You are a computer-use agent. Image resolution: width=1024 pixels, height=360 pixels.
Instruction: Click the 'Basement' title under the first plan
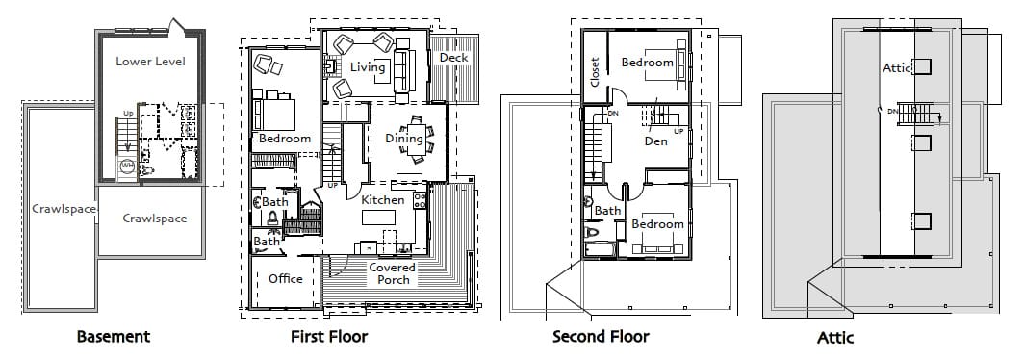click(x=114, y=337)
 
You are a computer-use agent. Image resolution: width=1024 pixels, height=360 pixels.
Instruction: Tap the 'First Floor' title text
click(x=329, y=337)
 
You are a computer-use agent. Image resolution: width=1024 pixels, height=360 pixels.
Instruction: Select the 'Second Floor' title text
click(x=601, y=337)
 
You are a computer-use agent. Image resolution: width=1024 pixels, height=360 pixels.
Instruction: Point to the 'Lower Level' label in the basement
click(x=151, y=62)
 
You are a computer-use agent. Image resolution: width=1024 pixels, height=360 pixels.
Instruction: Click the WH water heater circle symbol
click(x=127, y=167)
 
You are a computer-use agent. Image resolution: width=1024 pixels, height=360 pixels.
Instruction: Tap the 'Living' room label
click(x=368, y=67)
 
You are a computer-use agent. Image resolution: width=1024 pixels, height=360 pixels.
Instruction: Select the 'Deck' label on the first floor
click(x=454, y=58)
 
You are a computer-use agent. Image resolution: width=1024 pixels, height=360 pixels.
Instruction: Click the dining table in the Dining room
click(x=416, y=140)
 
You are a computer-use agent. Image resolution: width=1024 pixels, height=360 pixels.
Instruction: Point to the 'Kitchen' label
click(x=383, y=200)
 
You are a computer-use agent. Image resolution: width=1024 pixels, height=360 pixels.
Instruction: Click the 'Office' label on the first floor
click(x=286, y=279)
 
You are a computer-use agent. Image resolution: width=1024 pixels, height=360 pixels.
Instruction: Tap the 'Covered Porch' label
click(x=393, y=273)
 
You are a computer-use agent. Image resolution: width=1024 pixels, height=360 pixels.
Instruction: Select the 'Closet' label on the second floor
click(x=595, y=72)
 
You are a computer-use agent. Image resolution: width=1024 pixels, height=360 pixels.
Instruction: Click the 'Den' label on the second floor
click(x=655, y=141)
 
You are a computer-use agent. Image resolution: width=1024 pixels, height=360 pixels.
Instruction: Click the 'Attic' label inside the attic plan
click(x=897, y=67)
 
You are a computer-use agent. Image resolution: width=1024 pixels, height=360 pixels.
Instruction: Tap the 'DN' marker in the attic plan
click(x=892, y=111)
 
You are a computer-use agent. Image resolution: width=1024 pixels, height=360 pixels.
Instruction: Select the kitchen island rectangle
click(x=379, y=217)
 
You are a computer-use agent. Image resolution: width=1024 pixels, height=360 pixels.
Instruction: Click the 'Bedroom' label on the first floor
click(x=285, y=139)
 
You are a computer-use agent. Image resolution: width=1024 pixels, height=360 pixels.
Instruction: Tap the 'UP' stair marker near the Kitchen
click(x=332, y=186)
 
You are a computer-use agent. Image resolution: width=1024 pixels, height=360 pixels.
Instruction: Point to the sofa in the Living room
click(x=401, y=69)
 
